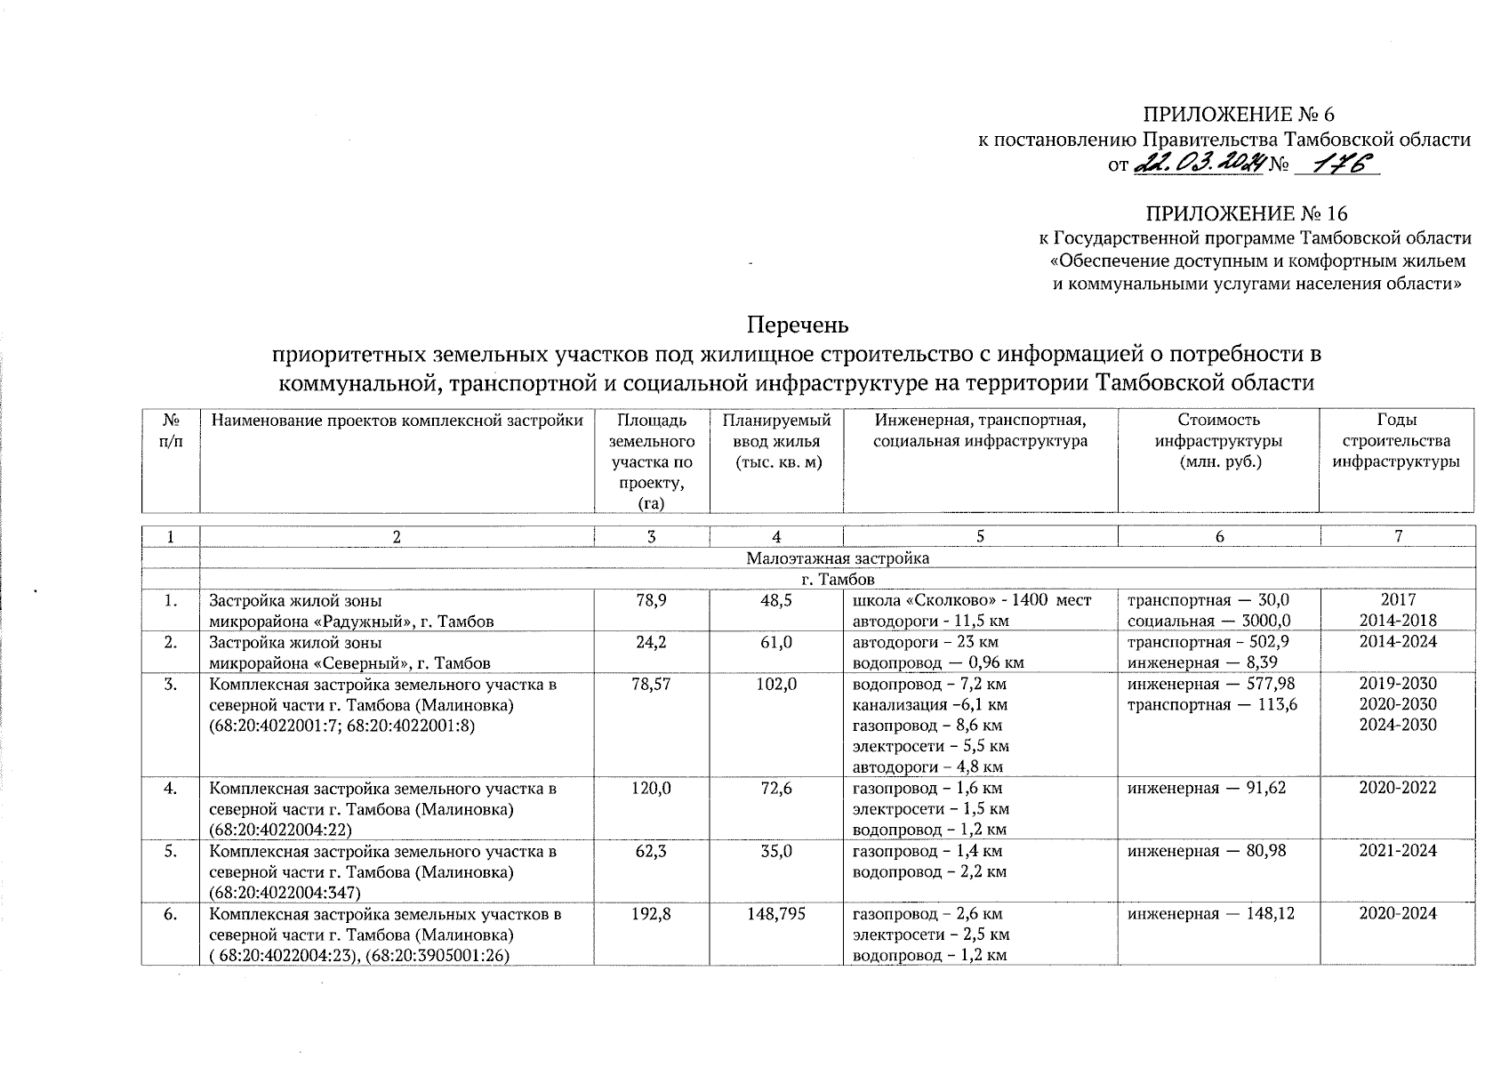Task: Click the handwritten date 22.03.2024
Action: tap(1200, 164)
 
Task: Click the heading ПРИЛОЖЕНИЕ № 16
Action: tap(1246, 214)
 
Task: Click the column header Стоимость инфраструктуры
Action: tap(1217, 441)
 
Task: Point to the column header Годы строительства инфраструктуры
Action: tap(1395, 441)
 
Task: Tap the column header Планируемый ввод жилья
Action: tap(776, 441)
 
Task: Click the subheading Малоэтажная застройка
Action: tap(837, 558)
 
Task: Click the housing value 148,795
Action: tap(776, 913)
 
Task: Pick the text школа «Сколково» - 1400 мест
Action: tap(971, 601)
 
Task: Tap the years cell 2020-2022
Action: tap(1397, 788)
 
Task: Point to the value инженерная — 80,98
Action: tap(1207, 851)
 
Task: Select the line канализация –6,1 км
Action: tap(929, 705)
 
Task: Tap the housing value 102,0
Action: tap(776, 684)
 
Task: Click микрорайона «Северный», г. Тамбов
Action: tap(349, 663)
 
